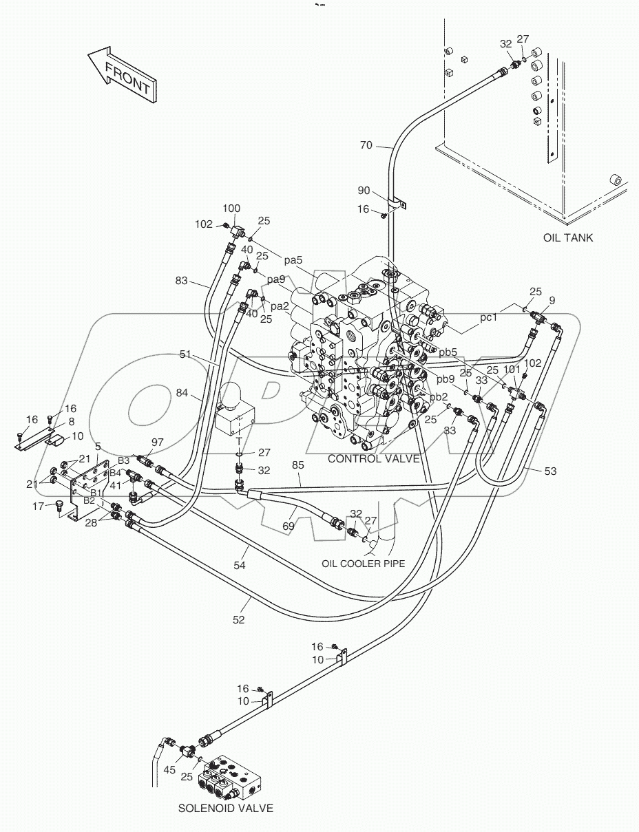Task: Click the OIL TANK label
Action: click(567, 238)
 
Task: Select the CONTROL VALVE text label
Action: click(373, 458)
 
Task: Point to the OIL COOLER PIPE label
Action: click(363, 564)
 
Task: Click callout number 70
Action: click(366, 145)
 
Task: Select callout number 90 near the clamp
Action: click(364, 190)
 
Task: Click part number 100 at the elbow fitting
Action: click(231, 208)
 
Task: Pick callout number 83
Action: click(182, 281)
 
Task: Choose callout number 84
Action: click(182, 393)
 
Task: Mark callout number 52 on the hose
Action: click(238, 619)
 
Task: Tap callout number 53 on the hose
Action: click(550, 471)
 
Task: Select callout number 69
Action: click(289, 527)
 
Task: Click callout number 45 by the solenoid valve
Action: click(169, 770)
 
